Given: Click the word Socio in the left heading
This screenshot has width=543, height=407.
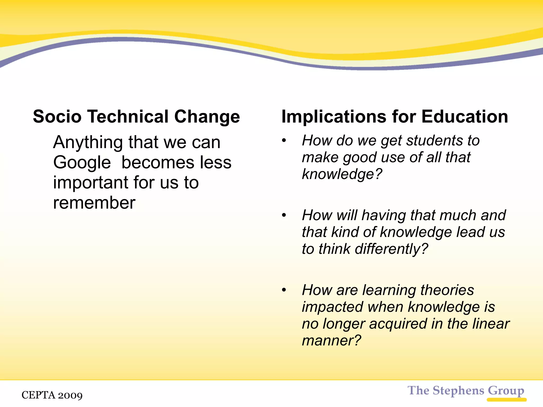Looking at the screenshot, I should point(57,117).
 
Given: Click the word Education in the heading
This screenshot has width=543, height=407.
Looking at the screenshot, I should point(465,117).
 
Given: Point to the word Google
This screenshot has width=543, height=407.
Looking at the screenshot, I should point(82,163).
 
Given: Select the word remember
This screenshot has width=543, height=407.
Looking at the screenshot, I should point(94,203).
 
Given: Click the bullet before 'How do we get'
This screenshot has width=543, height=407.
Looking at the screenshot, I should point(284,140).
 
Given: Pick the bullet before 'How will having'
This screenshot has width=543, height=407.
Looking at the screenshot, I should point(284,215).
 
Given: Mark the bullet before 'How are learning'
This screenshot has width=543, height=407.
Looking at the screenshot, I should point(284,290).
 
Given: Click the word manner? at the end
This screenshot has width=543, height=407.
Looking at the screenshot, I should point(331,340).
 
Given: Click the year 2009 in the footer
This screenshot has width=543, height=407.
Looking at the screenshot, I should point(70,395).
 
